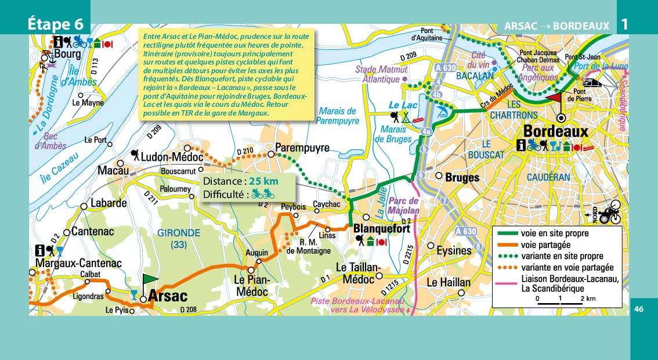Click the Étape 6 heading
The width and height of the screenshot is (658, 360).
click(59, 25)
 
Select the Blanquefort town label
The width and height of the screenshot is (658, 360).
click(381, 229)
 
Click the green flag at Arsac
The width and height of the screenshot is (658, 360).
click(149, 281)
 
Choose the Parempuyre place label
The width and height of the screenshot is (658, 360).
click(302, 147)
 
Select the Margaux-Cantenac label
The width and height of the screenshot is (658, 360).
click(78, 264)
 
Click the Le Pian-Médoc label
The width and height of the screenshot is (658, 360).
click(252, 285)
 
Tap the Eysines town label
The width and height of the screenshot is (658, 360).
click(454, 251)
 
